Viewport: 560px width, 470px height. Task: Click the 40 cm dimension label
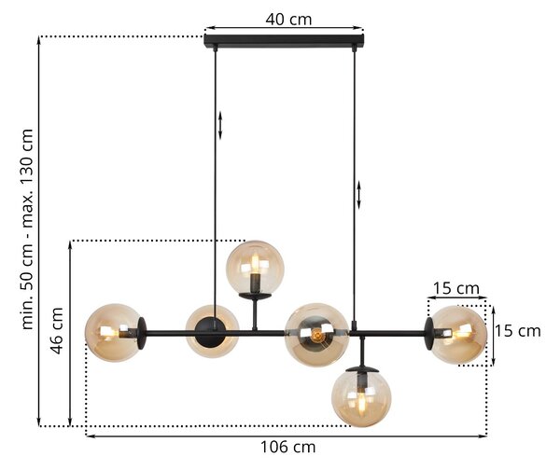tap(288, 20)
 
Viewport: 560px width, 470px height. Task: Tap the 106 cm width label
tap(287, 448)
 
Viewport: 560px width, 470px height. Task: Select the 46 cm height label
tap(57, 330)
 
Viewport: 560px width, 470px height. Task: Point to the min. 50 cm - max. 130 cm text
tap(27, 228)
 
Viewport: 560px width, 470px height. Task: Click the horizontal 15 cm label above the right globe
tap(456, 288)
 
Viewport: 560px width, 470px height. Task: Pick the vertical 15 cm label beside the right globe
tap(517, 331)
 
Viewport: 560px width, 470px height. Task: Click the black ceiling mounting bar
tap(284, 40)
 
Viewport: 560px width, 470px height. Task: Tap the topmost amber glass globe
tap(255, 268)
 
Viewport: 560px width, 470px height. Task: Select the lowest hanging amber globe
tap(361, 397)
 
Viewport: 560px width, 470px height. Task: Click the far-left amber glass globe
tap(113, 333)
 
